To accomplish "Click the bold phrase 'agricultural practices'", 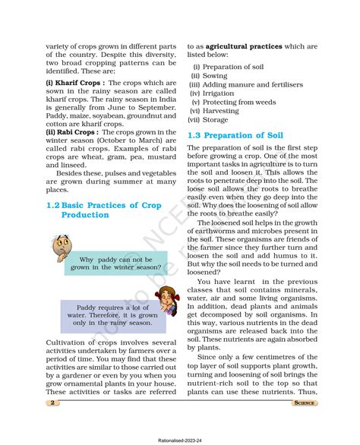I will pos(237,46).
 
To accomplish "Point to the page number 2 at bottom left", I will pos(51,405).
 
